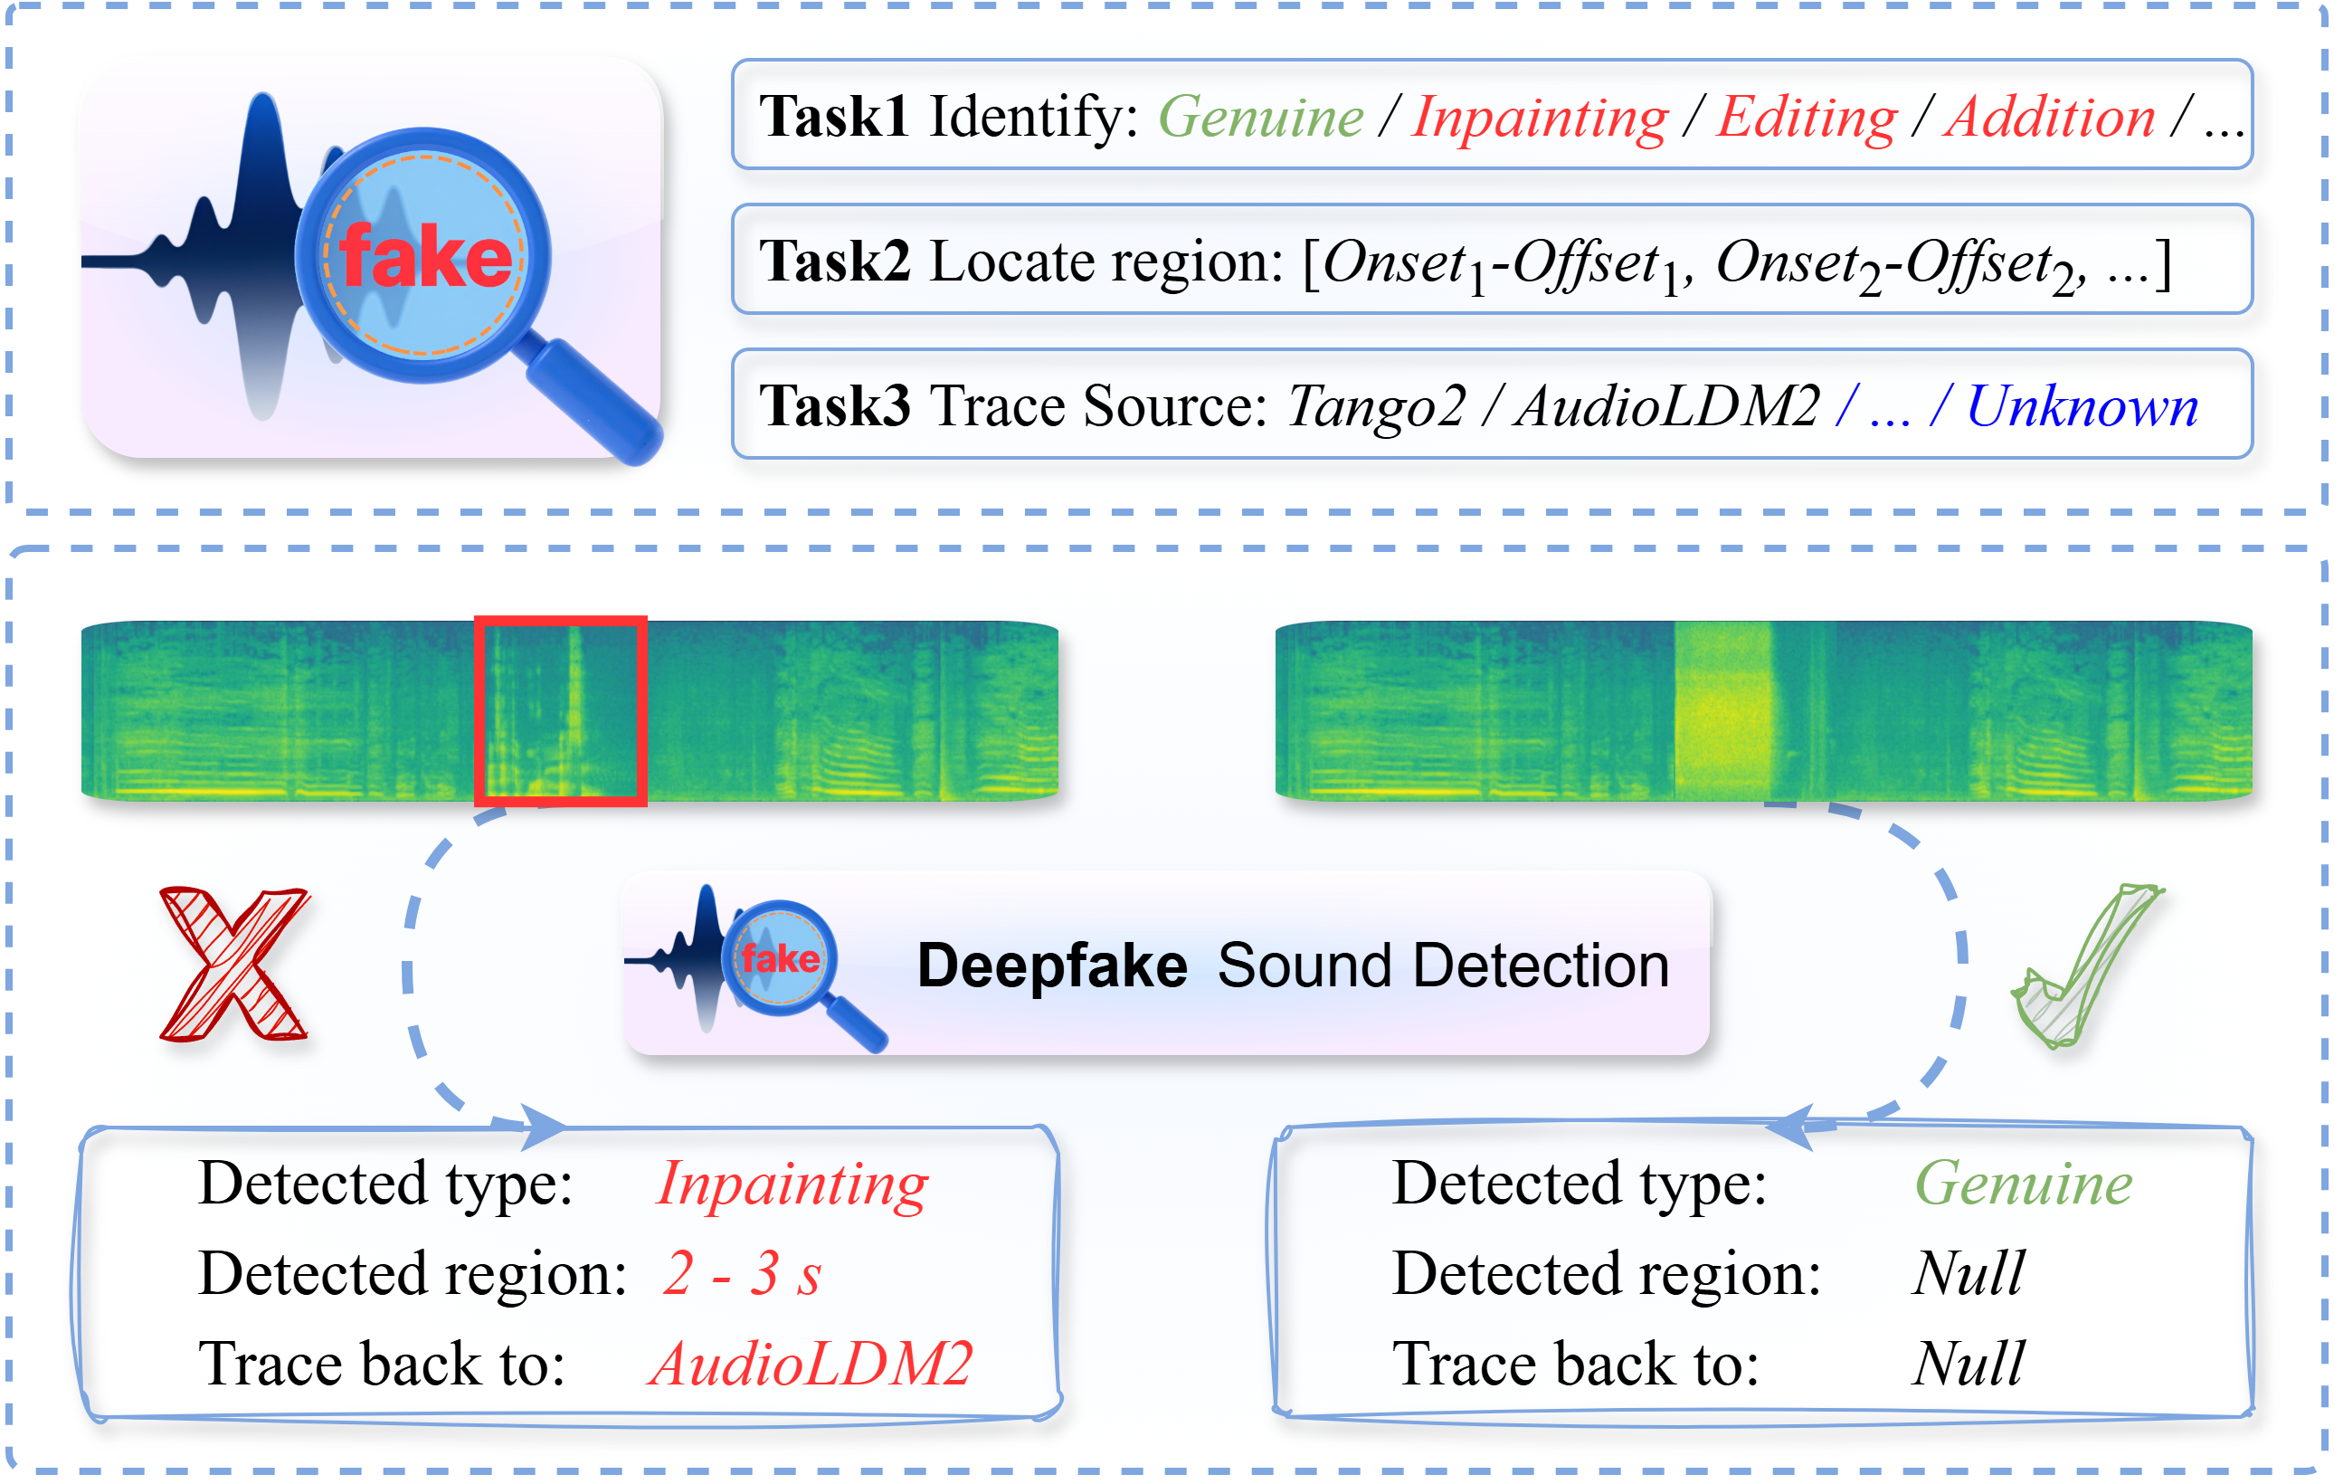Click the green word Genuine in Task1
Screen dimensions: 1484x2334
click(1260, 119)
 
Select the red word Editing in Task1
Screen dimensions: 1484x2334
click(1806, 119)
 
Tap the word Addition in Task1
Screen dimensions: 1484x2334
click(2049, 119)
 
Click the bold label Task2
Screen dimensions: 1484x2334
click(833, 262)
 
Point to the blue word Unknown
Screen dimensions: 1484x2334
click(2081, 406)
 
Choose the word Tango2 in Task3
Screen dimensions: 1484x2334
click(1375, 406)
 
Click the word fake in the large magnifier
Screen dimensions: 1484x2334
click(424, 257)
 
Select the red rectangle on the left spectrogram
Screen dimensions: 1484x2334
click(560, 710)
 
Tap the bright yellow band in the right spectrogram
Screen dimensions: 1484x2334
click(1722, 710)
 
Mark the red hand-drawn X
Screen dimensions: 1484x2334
click(233, 964)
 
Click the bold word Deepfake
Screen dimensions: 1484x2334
click(1051, 966)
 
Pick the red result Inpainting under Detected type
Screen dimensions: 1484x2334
click(791, 1184)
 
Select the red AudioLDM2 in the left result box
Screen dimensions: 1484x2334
click(811, 1364)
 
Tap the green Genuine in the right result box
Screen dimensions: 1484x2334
click(2023, 1184)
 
